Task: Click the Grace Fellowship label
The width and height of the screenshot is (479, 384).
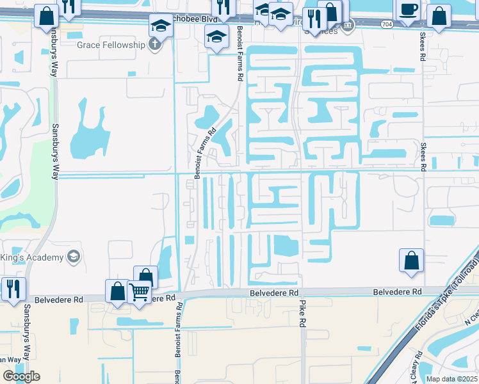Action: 110,45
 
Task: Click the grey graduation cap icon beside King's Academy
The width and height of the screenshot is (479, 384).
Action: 74,257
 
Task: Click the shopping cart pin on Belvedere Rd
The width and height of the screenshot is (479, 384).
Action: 139,292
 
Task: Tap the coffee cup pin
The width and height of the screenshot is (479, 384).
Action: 407,10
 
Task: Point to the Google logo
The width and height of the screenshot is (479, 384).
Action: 21,376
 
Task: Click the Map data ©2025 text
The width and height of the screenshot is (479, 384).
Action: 452,379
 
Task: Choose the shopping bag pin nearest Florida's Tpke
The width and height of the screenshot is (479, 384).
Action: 411,260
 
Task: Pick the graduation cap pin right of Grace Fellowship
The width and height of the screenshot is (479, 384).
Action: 160,27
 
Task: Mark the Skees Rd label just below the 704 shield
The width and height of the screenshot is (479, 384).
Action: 423,46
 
